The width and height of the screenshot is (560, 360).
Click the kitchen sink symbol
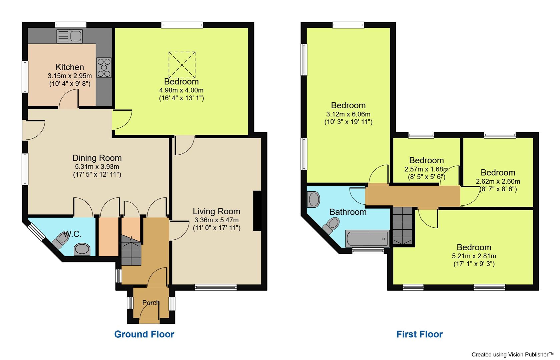point(69,36)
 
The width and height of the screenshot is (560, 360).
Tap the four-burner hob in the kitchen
point(104,68)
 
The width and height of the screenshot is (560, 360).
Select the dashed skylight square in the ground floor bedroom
point(182,65)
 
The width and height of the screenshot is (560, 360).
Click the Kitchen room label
point(70,67)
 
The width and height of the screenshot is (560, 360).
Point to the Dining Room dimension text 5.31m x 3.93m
point(97,167)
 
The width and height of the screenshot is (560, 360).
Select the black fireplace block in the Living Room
point(257,211)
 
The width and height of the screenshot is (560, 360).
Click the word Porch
point(151,303)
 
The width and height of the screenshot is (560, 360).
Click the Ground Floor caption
point(144,334)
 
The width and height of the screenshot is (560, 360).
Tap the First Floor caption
point(419,334)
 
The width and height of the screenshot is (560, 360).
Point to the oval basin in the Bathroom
point(314,199)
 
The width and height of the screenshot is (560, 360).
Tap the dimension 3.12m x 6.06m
point(348,114)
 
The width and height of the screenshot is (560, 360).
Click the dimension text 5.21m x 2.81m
point(474,256)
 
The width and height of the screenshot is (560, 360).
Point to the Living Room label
point(216,211)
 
